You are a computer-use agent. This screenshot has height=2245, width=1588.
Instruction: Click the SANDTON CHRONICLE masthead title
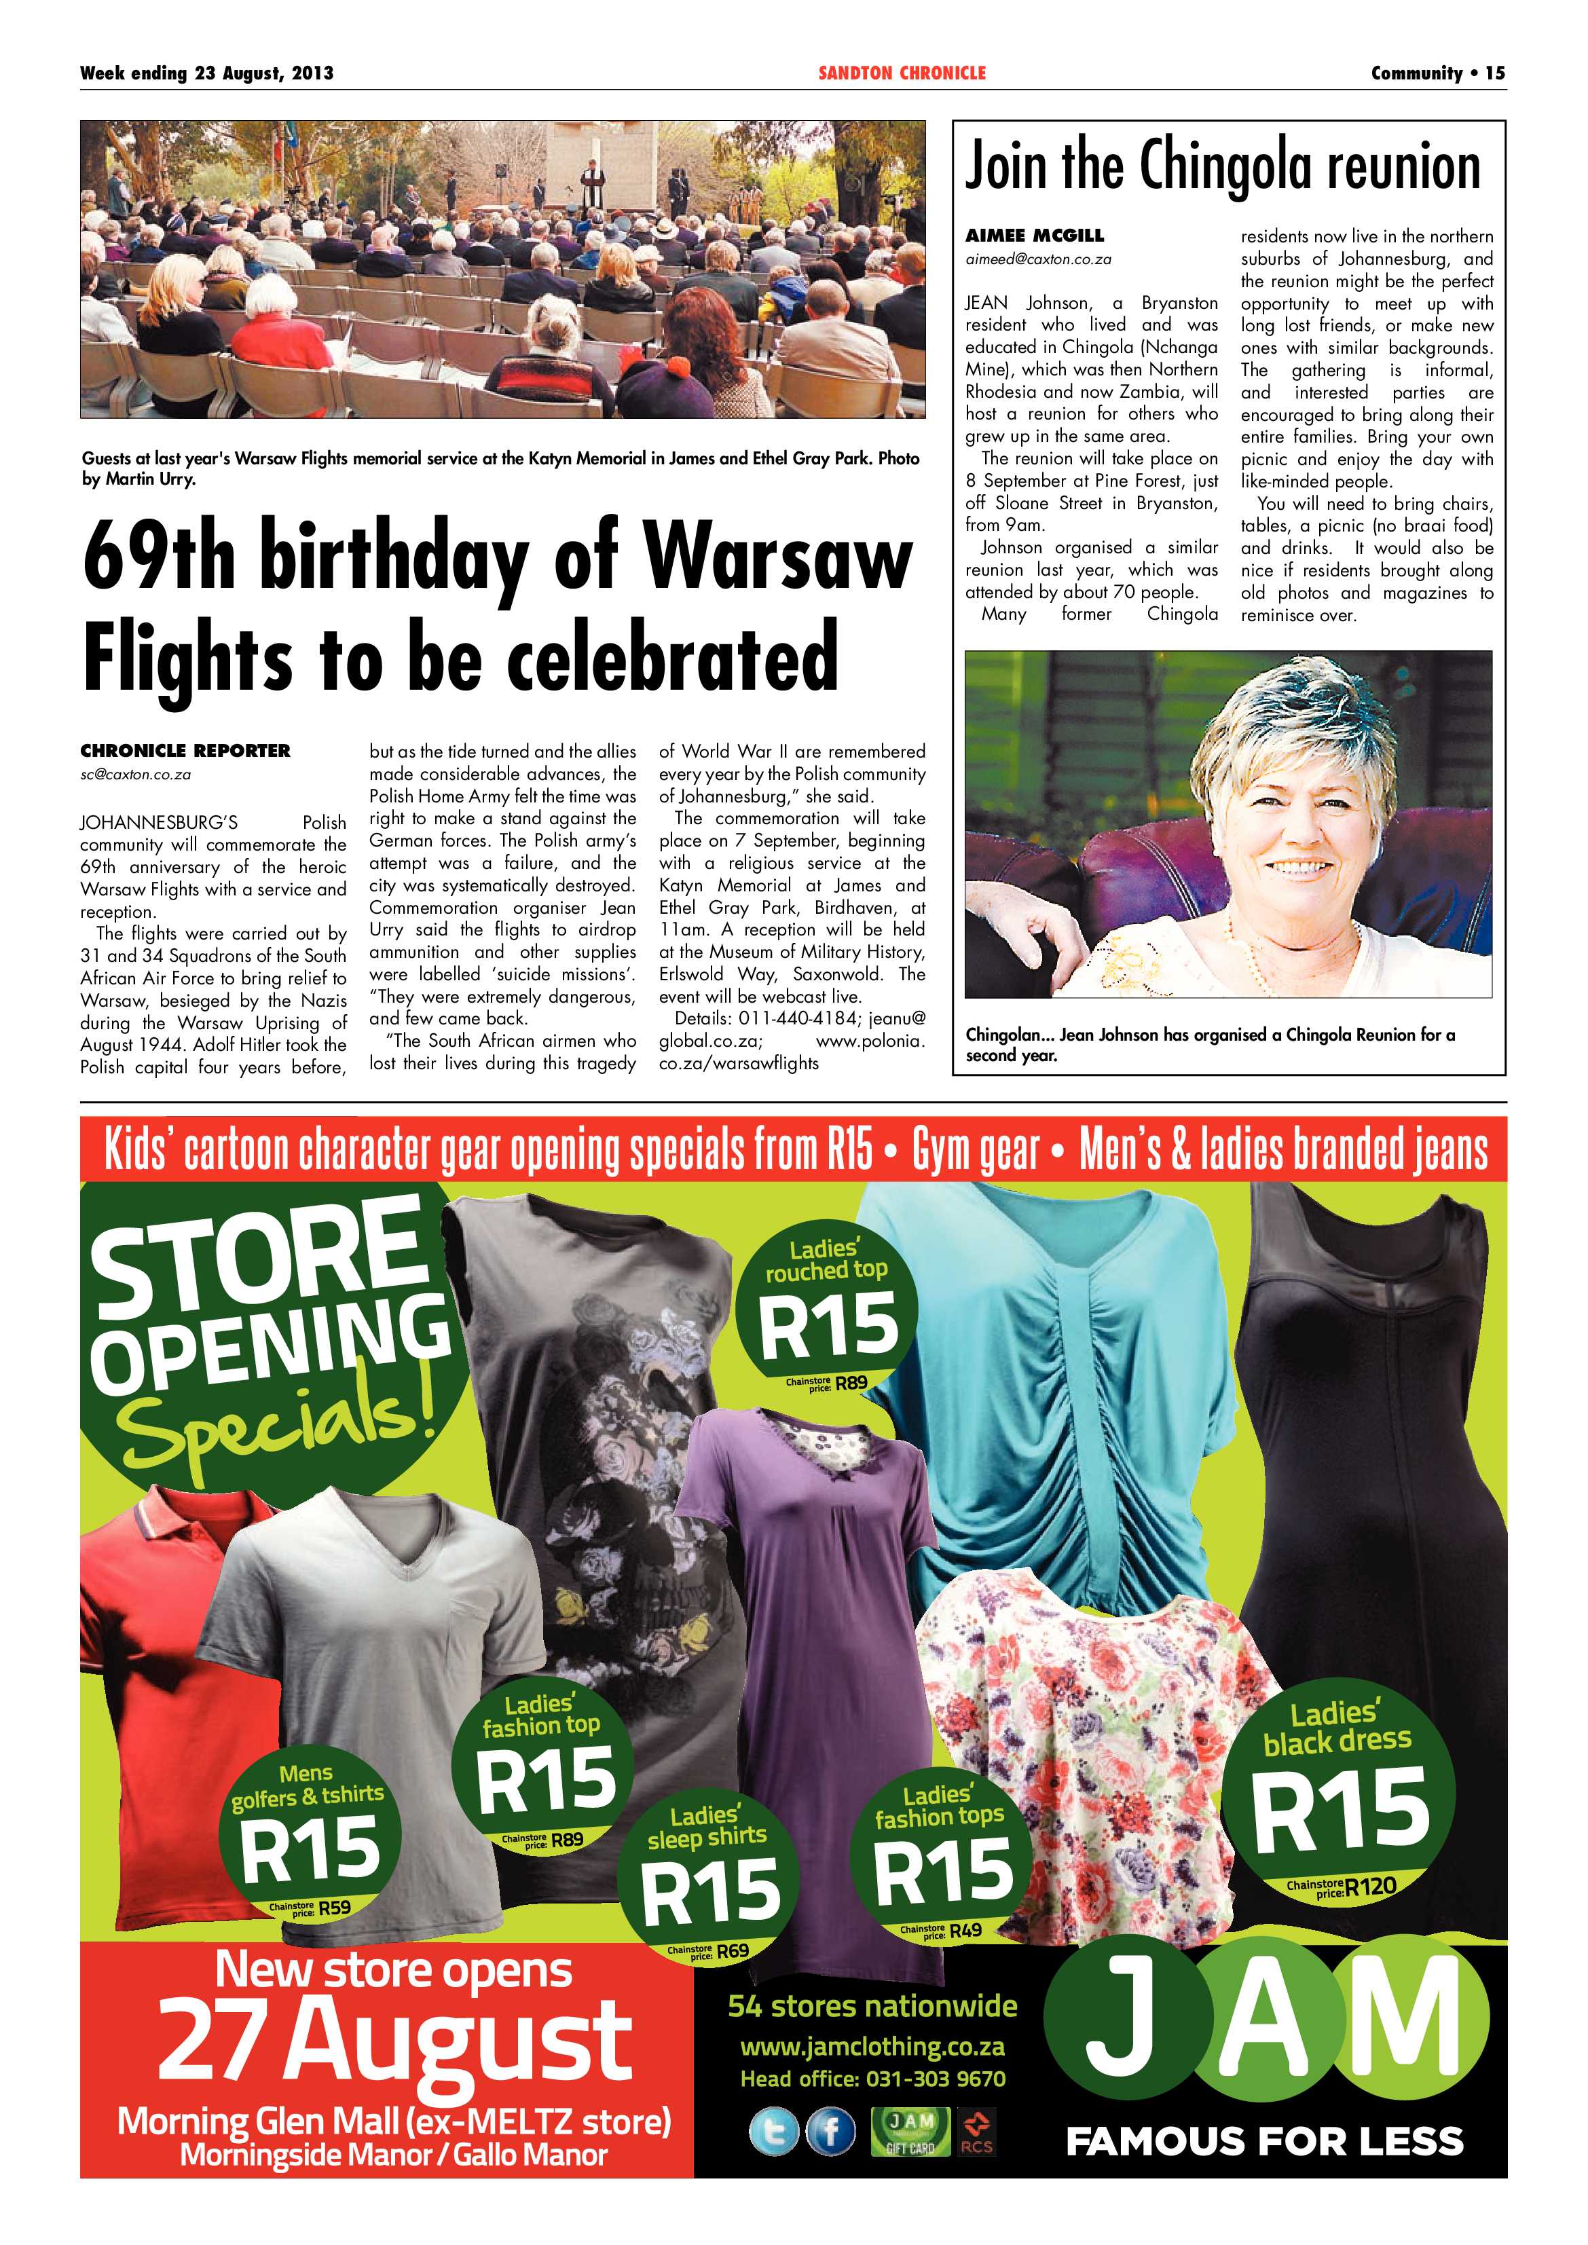(x=902, y=73)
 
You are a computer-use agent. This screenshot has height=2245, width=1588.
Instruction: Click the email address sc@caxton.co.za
(x=135, y=775)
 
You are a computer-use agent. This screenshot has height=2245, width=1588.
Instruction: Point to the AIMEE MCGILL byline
(x=1035, y=236)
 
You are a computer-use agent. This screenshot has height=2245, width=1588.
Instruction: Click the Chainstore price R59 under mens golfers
(x=333, y=1907)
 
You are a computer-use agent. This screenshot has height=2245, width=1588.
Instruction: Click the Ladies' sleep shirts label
(x=706, y=1827)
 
